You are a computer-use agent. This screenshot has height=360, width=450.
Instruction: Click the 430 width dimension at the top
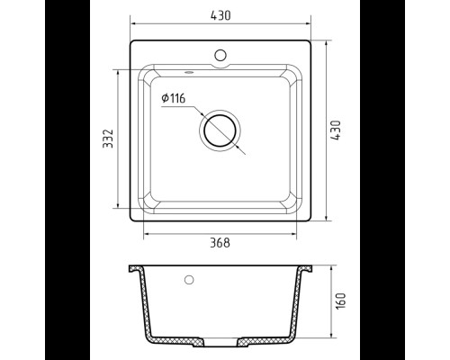(220, 15)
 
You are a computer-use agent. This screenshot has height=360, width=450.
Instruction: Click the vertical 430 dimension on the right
(336, 130)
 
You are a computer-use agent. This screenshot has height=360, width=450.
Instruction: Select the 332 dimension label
(108, 139)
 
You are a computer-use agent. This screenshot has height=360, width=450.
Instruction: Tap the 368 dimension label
(220, 243)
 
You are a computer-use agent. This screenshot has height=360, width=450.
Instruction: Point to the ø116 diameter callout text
(174, 98)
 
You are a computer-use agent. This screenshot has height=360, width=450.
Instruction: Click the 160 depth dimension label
(341, 301)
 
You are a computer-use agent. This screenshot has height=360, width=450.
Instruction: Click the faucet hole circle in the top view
(220, 55)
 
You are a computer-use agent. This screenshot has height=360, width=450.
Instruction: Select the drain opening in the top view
(220, 130)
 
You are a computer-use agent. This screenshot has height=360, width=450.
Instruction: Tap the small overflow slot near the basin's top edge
(189, 72)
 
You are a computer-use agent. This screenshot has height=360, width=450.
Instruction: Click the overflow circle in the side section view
(189, 280)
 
